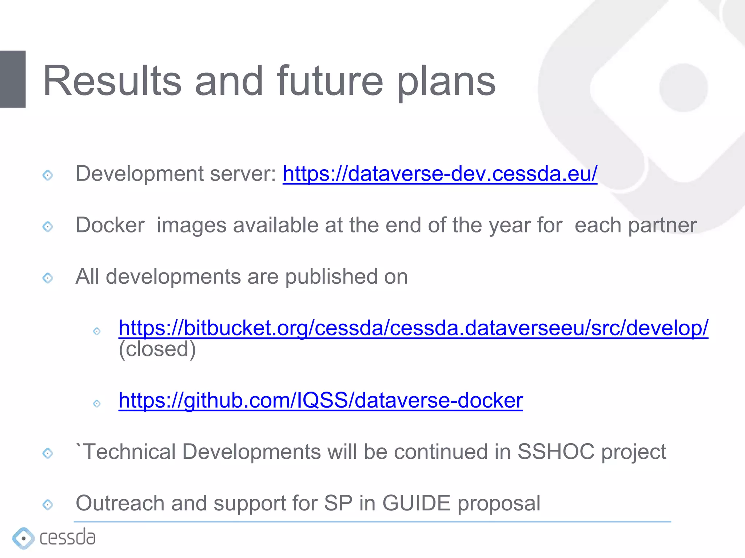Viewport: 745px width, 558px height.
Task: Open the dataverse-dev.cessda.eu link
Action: click(440, 174)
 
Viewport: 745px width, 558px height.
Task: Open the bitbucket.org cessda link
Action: click(413, 328)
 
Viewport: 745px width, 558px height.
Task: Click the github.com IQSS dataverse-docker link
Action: click(320, 401)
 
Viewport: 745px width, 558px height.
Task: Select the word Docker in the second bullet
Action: click(110, 225)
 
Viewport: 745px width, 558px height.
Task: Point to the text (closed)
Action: click(157, 349)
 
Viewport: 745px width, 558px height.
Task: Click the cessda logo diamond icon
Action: click(23, 538)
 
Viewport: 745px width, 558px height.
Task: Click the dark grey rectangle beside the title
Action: click(13, 79)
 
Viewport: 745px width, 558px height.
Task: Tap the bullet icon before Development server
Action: click(48, 175)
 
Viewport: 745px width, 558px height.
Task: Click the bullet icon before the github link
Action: click(97, 404)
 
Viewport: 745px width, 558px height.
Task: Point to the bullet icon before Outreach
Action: click(48, 505)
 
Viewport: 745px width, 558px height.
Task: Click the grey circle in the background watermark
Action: click(684, 88)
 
